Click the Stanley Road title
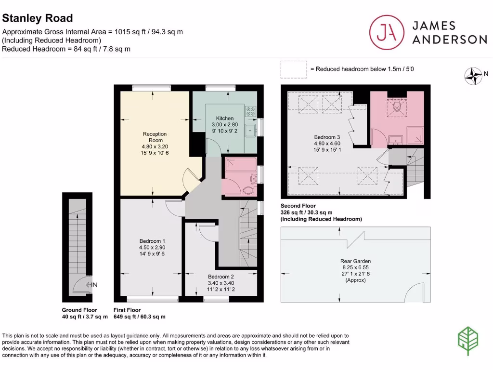38,18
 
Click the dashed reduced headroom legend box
294,69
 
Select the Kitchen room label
224,118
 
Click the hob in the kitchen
251,112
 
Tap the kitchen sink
250,130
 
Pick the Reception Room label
155,134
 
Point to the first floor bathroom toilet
248,189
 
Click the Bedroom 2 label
221,277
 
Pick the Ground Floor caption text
79,310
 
